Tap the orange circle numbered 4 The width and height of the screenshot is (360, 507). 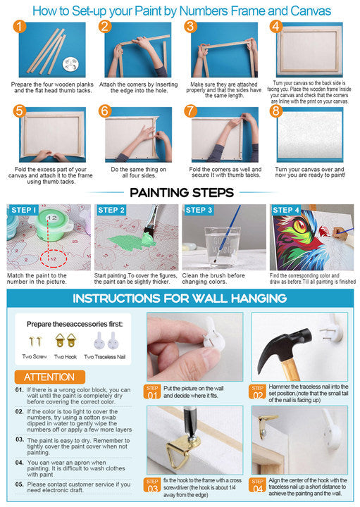[x=275, y=27]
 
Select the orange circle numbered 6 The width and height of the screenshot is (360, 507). [x=104, y=111]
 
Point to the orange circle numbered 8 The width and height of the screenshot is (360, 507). [x=275, y=111]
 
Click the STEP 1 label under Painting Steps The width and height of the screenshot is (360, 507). [x=24, y=210]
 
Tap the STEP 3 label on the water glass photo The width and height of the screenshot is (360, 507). [x=199, y=210]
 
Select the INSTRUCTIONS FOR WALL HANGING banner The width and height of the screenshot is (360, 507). [x=180, y=298]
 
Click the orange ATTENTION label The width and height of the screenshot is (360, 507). [x=49, y=377]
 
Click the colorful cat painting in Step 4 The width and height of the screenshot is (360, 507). [x=299, y=243]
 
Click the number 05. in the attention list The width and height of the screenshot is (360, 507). [x=20, y=484]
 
